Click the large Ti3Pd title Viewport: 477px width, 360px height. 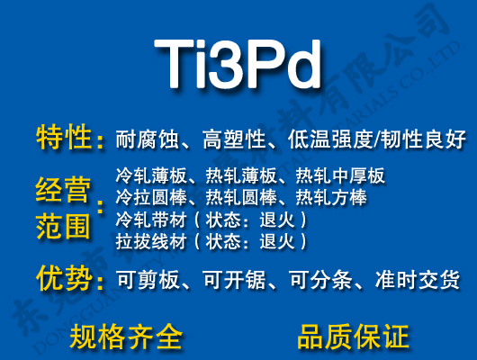click(238, 62)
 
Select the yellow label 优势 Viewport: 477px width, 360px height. click(64, 279)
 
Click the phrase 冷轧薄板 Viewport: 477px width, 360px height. click(148, 175)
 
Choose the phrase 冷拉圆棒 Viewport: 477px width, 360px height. click(148, 197)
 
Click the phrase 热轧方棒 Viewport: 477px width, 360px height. click(331, 197)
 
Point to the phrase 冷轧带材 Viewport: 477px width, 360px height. click(148, 220)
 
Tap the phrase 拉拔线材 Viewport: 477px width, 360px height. click(148, 241)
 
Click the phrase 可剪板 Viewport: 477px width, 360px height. click(141, 281)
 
